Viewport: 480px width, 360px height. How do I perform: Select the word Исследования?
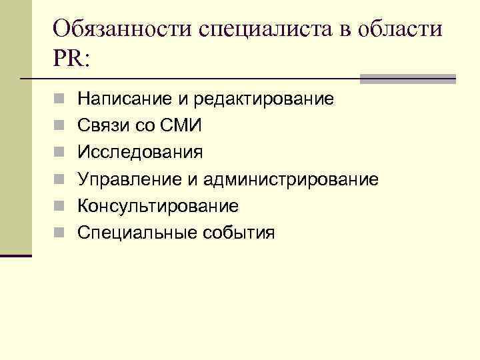click(x=140, y=153)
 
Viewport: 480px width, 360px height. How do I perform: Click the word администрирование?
click(x=291, y=179)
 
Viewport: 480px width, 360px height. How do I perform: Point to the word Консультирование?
click(x=157, y=206)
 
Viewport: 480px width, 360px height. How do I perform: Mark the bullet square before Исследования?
click(x=59, y=153)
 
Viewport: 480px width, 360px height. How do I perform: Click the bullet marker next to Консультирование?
click(x=59, y=207)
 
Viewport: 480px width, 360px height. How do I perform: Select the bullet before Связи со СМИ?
click(x=59, y=127)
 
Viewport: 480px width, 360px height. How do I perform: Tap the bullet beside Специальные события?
click(x=59, y=233)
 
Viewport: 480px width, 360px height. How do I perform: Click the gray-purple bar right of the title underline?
click(x=407, y=79)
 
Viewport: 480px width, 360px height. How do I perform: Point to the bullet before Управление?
click(x=59, y=180)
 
